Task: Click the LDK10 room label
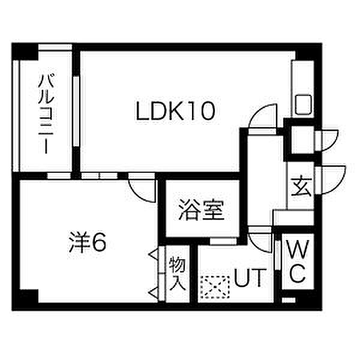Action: (x=175, y=112)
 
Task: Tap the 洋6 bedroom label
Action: (x=88, y=242)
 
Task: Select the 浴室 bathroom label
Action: (x=201, y=210)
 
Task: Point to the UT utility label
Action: (x=250, y=278)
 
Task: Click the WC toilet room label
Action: (x=298, y=261)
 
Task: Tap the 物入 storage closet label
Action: (x=177, y=274)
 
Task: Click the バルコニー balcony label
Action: (x=46, y=113)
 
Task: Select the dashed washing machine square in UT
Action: (x=215, y=287)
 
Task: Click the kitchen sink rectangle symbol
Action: (x=303, y=104)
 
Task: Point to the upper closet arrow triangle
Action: (x=154, y=254)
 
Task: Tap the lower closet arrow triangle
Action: (x=154, y=293)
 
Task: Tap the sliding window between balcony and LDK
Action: (x=76, y=112)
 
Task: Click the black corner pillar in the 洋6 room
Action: (x=28, y=296)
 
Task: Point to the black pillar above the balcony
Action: (x=25, y=52)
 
